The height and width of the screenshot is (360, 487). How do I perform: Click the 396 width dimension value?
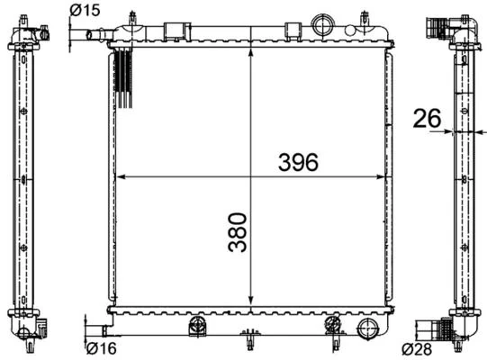point(298,162)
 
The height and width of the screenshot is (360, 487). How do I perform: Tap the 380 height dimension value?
point(237,232)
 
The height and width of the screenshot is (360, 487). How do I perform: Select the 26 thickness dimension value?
point(427,118)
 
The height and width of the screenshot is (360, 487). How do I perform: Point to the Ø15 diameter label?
point(84,12)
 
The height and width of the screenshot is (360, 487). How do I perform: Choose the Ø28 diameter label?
point(417,348)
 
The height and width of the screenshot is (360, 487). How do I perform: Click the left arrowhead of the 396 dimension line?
point(122,176)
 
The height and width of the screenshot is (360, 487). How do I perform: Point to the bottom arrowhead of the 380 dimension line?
point(250,303)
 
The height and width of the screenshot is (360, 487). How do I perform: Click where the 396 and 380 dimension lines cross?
point(250,176)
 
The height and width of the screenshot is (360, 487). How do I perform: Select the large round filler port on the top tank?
point(321,22)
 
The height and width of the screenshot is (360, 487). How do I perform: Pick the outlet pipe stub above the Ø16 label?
point(91,326)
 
